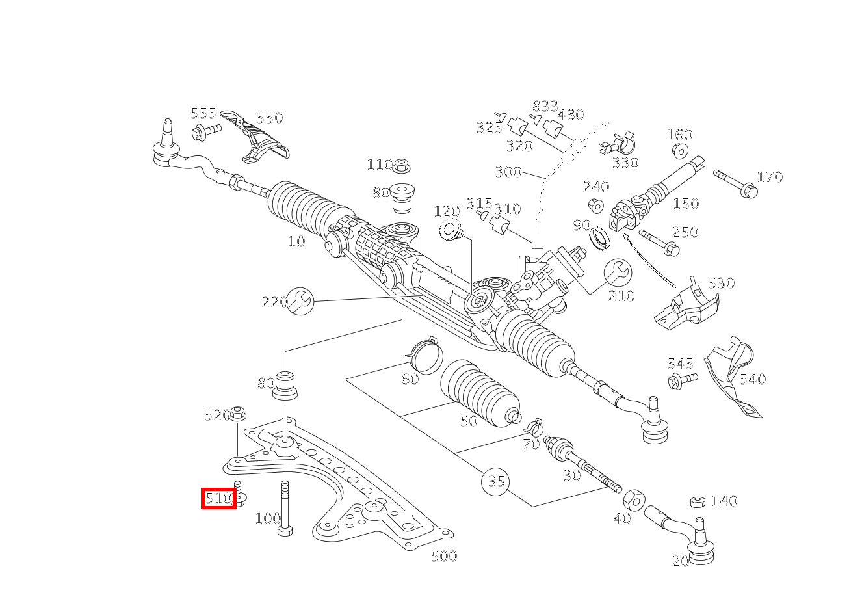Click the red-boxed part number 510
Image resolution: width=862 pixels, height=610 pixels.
click(218, 499)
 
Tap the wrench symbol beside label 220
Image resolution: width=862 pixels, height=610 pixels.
click(300, 300)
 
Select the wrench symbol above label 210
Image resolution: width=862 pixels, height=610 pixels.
click(618, 272)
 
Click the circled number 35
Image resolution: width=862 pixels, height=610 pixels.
click(495, 482)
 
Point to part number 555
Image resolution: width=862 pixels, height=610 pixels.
click(203, 114)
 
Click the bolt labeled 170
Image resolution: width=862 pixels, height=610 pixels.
click(735, 183)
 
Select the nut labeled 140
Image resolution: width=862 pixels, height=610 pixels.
click(698, 501)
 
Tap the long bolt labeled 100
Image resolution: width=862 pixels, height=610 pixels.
click(285, 508)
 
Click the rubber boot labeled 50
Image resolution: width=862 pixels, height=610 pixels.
click(480, 393)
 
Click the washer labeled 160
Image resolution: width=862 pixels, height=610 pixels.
click(679, 151)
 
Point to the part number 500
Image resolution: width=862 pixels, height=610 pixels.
click(444, 556)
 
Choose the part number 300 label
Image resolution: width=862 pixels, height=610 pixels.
click(508, 172)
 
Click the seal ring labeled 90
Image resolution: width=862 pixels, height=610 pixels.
click(600, 239)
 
